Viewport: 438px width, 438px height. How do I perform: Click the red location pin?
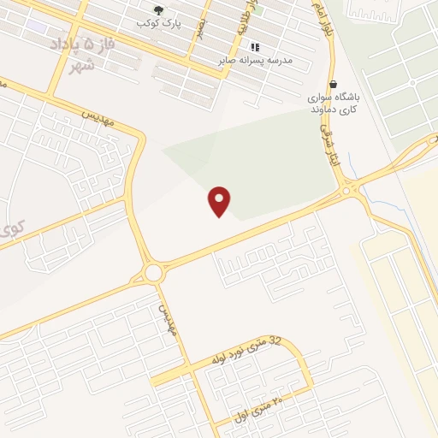click(220, 200)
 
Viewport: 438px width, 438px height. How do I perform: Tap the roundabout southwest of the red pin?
click(153, 273)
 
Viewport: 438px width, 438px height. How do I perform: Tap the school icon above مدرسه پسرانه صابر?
click(254, 47)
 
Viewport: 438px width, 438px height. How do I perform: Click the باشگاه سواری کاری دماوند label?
click(334, 104)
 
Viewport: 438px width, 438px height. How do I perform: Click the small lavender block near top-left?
click(38, 27)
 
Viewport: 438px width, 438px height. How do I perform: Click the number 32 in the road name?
click(275, 340)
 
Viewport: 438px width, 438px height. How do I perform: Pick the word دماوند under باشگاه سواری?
click(324, 110)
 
